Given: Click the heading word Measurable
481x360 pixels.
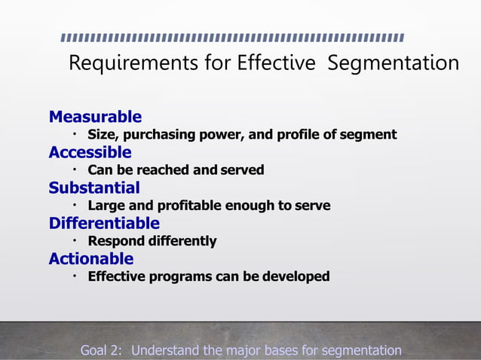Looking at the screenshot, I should point(95,117).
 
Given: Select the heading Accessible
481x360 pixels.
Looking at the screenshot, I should point(90,152).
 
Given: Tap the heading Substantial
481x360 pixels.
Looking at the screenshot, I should point(94,188).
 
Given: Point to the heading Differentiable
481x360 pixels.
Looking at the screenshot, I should point(104,223).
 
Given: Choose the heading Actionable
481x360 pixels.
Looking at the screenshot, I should point(91,258).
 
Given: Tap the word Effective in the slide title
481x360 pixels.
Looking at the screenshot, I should point(275,63).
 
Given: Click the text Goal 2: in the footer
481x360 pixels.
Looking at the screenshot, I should point(103,350).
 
